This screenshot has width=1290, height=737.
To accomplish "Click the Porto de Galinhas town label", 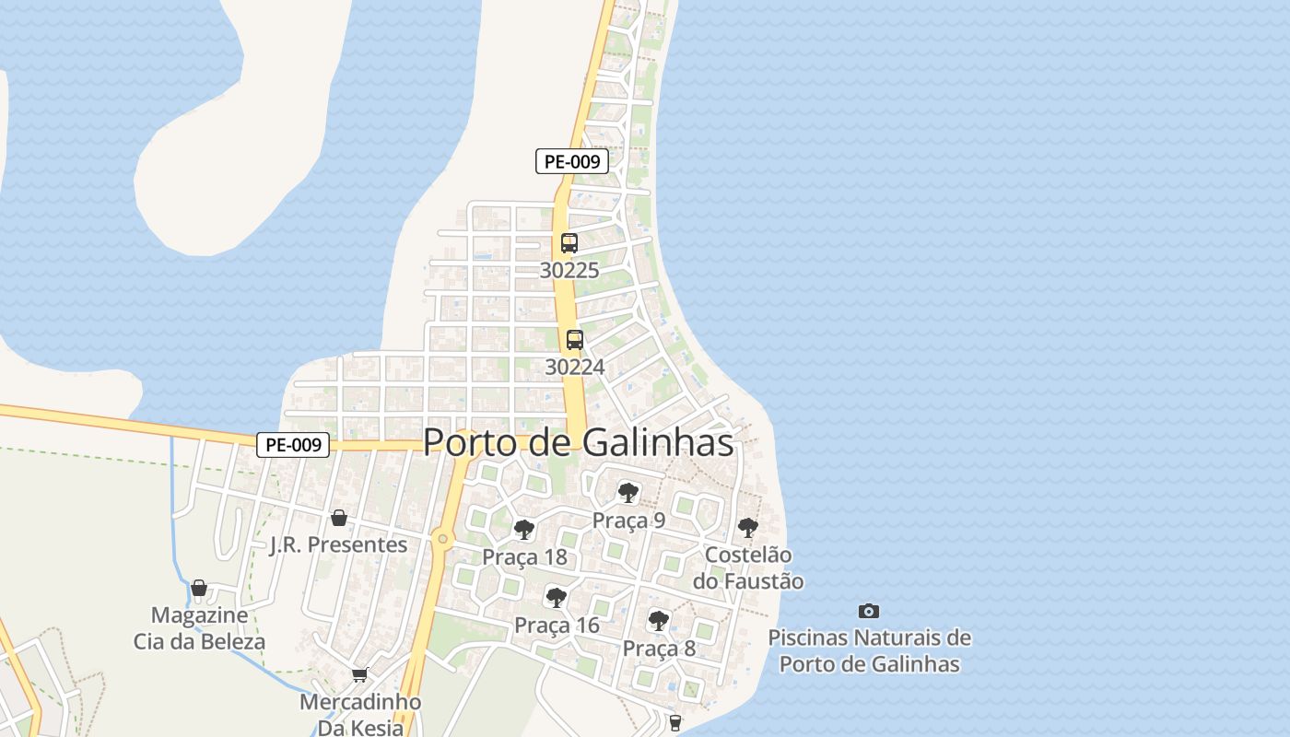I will click(578, 443).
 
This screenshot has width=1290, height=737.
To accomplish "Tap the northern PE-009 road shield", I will click(571, 161).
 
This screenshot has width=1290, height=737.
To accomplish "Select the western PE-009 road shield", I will click(292, 445).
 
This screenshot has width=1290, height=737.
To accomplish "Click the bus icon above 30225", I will click(569, 243).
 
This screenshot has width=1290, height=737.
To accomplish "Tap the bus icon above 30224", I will click(574, 339).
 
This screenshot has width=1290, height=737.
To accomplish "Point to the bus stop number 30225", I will click(569, 271).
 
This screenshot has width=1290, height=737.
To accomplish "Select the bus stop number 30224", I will click(574, 367).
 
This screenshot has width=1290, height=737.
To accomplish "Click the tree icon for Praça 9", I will click(628, 493).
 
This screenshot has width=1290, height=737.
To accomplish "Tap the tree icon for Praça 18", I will click(524, 530).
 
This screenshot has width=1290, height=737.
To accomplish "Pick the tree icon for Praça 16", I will click(556, 597).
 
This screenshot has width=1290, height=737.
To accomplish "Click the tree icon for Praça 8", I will click(658, 620).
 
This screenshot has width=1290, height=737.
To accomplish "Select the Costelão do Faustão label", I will click(747, 568).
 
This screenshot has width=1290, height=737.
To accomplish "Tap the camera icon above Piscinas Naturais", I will click(868, 611).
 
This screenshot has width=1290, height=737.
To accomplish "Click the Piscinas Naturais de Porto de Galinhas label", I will click(869, 650).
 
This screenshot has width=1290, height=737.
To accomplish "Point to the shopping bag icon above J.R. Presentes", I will click(338, 517).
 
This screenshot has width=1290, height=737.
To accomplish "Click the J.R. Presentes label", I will click(338, 544).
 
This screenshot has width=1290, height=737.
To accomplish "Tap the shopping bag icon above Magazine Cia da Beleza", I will click(199, 588).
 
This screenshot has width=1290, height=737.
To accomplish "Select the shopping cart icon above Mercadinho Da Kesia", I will click(360, 674).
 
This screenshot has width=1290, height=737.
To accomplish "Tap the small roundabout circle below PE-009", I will click(443, 538).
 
